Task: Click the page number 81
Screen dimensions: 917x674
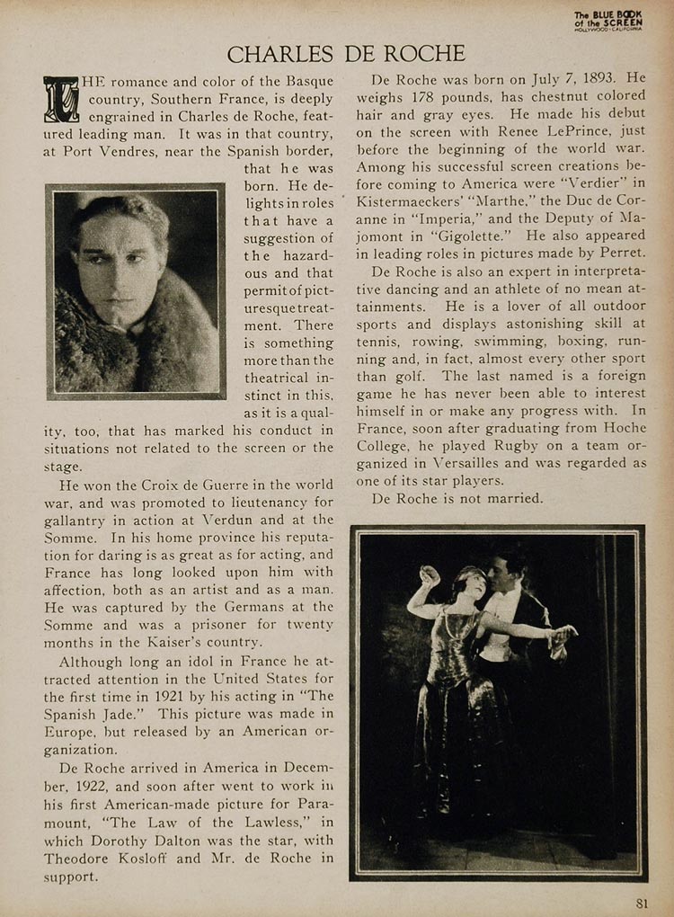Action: point(642,903)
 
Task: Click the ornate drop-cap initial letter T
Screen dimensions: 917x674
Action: point(61,99)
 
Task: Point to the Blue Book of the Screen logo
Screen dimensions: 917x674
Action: point(609,21)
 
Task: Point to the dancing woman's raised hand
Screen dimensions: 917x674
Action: point(430,574)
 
